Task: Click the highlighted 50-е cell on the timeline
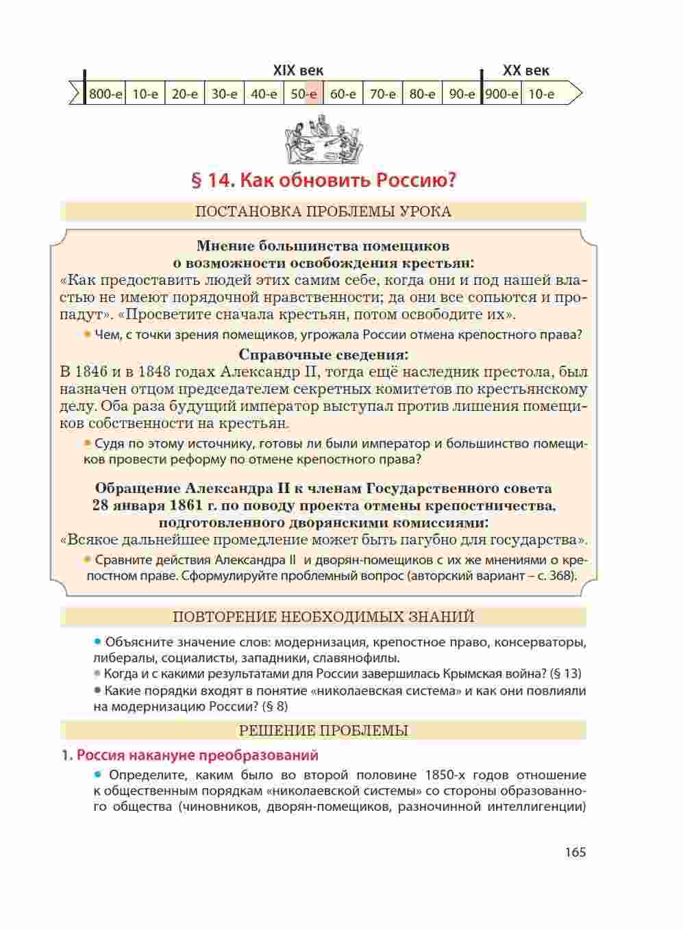tap(303, 94)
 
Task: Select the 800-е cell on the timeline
tap(105, 94)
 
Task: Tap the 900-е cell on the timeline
tap(501, 94)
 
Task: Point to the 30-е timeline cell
tap(224, 94)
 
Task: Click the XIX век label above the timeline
tap(298, 71)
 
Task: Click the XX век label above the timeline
tap(525, 71)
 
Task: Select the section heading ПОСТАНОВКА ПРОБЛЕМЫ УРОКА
tap(323, 212)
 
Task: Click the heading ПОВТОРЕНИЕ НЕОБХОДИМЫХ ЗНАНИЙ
tap(323, 617)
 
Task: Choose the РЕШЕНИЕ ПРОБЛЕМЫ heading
tap(323, 731)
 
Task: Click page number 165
tap(575, 853)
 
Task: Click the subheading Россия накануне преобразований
tap(197, 755)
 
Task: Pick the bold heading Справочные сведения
tap(323, 355)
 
